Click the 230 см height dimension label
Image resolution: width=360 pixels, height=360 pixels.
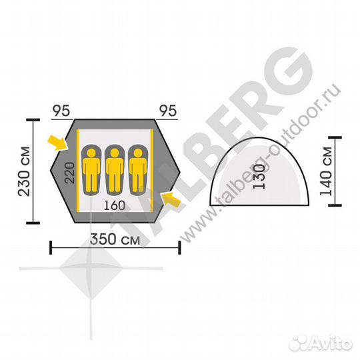pyautogui.click(x=25, y=171)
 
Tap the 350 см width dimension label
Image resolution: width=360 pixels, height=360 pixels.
pyautogui.click(x=115, y=239)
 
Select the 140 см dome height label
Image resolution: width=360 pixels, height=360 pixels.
pyautogui.click(x=326, y=171)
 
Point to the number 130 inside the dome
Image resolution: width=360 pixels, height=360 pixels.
pyautogui.click(x=259, y=177)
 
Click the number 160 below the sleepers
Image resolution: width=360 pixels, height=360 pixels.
pyautogui.click(x=115, y=205)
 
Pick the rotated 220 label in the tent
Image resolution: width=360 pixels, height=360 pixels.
pyautogui.click(x=70, y=173)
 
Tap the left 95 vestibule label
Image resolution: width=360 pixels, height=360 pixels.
pyautogui.click(x=61, y=111)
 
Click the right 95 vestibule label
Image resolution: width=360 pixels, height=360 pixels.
pyautogui.click(x=168, y=111)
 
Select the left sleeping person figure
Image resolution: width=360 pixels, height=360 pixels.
pyautogui.click(x=91, y=170)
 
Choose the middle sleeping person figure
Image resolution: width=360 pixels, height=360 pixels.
pyautogui.click(x=115, y=170)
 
